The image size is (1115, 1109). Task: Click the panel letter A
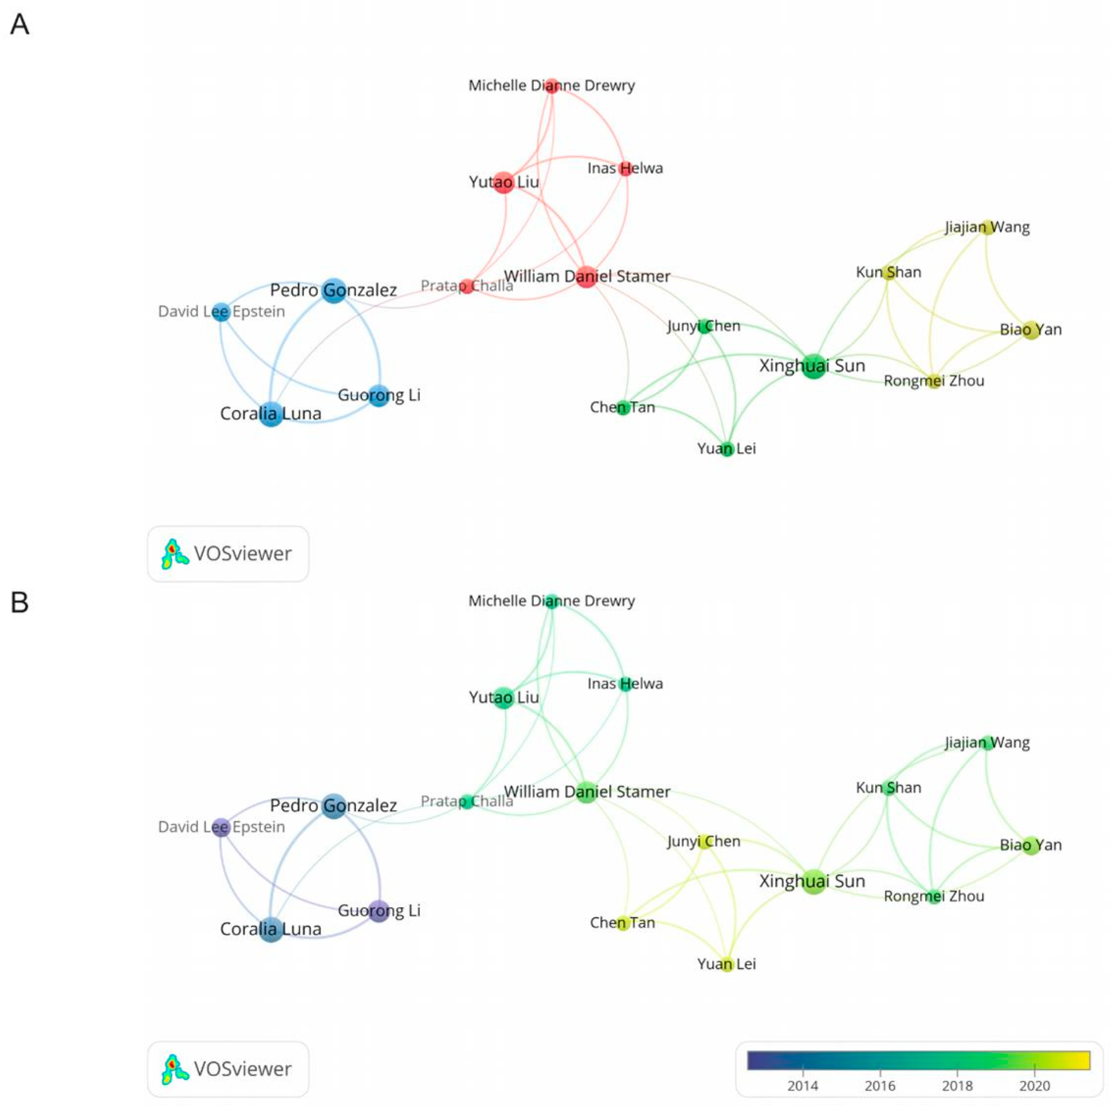pos(20,25)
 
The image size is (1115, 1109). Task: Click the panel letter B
pos(20,602)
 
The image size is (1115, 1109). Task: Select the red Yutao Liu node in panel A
pos(504,182)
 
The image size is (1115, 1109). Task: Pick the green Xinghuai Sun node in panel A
pos(813,366)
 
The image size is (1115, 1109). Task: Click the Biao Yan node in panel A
pos(1031,330)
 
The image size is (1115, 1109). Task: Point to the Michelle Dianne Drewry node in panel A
pos(552,86)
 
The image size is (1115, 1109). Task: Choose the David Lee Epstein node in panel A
pos(221,312)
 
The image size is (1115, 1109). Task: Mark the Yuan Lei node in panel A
pos(727,449)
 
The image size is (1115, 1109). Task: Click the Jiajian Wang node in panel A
pos(987,227)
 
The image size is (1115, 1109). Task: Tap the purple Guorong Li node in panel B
pos(379,911)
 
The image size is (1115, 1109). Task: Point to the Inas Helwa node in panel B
pos(625,684)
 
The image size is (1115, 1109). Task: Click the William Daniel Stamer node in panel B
pos(586,792)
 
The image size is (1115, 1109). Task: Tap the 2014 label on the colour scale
pos(802,1086)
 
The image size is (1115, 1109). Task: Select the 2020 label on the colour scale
pos(1034,1086)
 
